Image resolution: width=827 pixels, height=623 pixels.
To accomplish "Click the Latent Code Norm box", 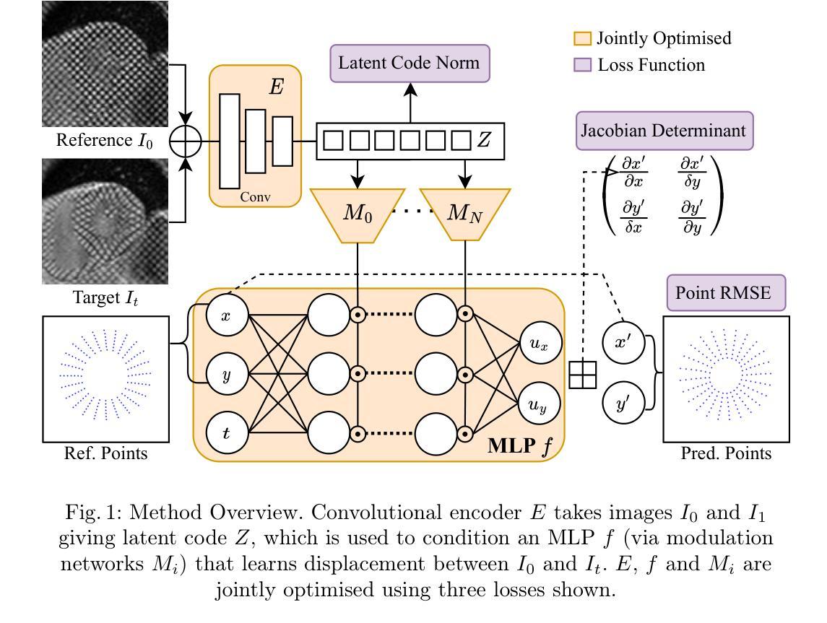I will [x=410, y=63].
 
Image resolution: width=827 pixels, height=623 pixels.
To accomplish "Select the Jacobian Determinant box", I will [x=664, y=131].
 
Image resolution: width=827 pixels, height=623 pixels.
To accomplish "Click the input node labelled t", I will [x=226, y=432].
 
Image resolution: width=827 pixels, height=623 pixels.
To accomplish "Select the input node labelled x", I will [x=226, y=315].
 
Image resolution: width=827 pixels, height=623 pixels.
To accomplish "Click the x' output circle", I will [x=623, y=343].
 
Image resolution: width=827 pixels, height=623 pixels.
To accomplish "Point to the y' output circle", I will [x=623, y=404].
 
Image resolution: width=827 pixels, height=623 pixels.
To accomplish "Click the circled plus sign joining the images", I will [x=186, y=141].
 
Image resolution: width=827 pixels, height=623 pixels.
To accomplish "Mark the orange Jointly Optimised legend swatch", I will [x=582, y=39].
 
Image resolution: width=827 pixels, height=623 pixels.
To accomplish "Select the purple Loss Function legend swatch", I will [x=582, y=66].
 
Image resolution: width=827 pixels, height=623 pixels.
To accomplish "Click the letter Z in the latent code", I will [x=484, y=140].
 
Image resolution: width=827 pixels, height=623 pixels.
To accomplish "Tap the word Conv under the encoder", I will [x=256, y=196].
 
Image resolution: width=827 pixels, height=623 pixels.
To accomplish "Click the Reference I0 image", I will [x=105, y=64].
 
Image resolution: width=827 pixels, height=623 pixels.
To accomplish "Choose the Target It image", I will [x=105, y=221].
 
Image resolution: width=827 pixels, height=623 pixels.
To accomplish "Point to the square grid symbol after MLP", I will [x=583, y=375].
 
